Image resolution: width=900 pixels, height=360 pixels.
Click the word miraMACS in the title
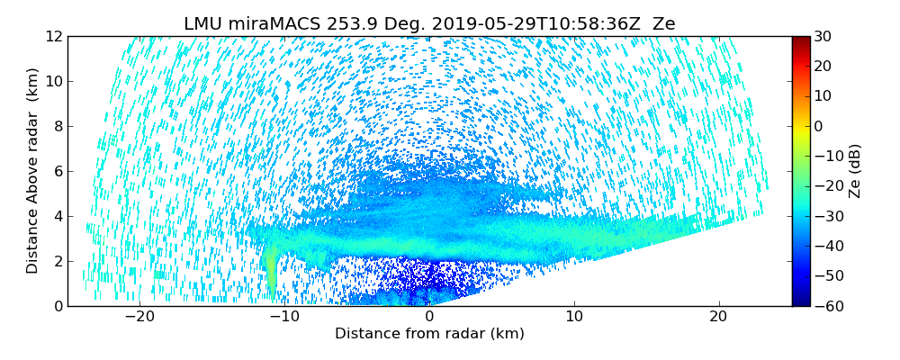(274, 24)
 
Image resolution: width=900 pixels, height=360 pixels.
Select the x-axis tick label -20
(139, 317)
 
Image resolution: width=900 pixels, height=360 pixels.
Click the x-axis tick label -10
(283, 317)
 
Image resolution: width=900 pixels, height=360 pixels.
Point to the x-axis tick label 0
(429, 317)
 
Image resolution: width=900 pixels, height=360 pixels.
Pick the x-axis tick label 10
(574, 317)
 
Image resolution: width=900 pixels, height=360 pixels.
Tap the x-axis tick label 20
(718, 317)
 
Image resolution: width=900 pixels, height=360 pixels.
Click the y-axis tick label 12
(53, 36)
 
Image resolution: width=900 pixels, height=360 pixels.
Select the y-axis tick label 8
(57, 126)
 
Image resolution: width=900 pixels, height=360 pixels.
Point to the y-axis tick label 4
(57, 216)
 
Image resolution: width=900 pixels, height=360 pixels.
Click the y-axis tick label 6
(57, 171)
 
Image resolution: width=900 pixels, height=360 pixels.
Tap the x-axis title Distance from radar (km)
(429, 334)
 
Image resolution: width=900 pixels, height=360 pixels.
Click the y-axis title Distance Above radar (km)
(33, 171)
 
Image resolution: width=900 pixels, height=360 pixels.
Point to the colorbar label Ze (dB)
(855, 171)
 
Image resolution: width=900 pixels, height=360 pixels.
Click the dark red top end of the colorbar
(800, 40)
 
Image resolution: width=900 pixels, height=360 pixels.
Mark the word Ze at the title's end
(663, 24)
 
